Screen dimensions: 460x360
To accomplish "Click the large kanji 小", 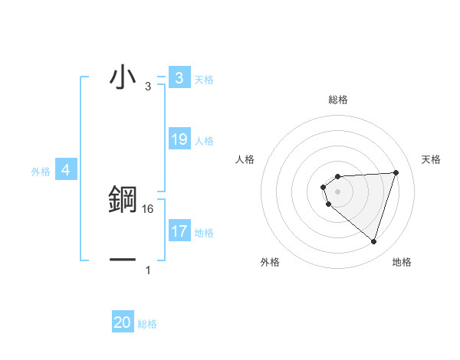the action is (x=123, y=77).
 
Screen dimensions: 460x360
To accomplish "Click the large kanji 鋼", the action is (x=123, y=199).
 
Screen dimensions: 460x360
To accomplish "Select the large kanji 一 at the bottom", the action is (x=123, y=259).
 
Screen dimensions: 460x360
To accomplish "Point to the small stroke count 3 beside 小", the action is (x=148, y=87).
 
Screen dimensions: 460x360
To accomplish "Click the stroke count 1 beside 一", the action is (x=148, y=270).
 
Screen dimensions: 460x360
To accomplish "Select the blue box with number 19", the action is (x=179, y=139).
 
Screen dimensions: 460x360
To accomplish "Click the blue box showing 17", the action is (x=179, y=231).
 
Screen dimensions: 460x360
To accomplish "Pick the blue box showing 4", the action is (x=66, y=170).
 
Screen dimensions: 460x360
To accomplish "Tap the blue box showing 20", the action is (x=123, y=322).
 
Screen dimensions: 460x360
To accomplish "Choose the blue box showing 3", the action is (x=179, y=77).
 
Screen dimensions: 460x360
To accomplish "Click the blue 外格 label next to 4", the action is (x=41, y=172).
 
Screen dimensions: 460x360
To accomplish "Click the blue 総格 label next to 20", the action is (x=147, y=324).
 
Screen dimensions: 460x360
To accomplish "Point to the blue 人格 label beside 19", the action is (x=204, y=141).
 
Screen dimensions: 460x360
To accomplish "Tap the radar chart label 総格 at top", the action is (x=337, y=100).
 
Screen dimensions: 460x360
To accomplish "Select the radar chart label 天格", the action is (x=432, y=159).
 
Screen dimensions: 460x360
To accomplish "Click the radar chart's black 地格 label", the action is (x=402, y=262).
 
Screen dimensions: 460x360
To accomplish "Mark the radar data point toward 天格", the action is (x=396, y=172).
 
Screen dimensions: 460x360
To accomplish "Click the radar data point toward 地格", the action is (x=374, y=241).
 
